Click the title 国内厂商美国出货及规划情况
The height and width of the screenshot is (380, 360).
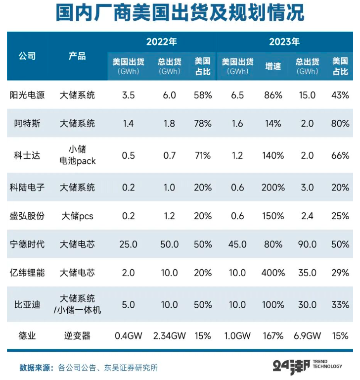pyautogui.click(x=180, y=14)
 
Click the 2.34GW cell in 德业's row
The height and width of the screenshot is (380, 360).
pyautogui.click(x=169, y=336)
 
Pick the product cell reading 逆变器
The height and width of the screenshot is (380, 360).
pyautogui.click(x=77, y=336)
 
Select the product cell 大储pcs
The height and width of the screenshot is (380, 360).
pyautogui.click(x=77, y=216)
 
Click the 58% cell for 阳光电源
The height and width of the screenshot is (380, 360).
pyautogui.click(x=203, y=95)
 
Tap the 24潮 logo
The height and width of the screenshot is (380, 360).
pyautogui.click(x=291, y=366)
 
